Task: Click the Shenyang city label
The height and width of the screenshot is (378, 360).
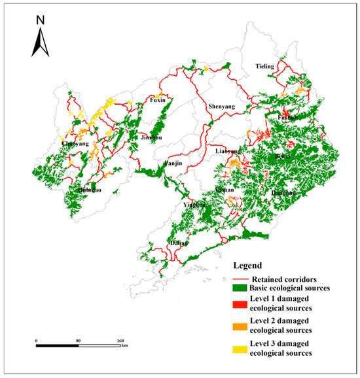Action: coord(221,107)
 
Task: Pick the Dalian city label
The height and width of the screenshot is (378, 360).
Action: coord(179,243)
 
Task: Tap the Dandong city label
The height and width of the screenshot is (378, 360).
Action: coord(284,194)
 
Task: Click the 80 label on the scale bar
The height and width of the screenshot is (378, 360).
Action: coord(78,341)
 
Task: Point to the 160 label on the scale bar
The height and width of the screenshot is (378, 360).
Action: coord(120,341)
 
